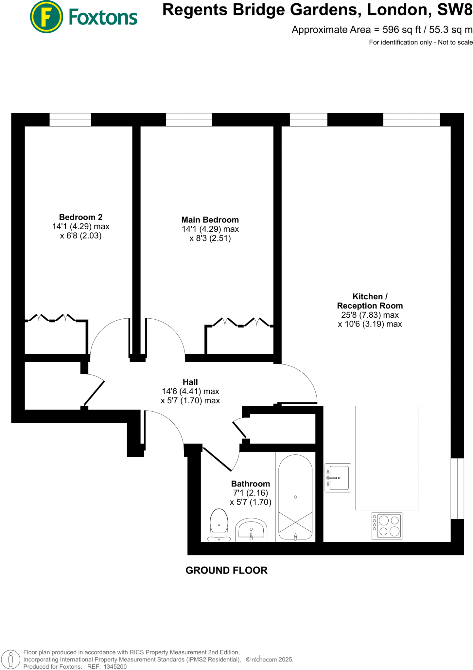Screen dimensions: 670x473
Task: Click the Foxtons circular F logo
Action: (x=46, y=17)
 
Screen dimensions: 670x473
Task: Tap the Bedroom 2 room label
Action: (x=80, y=217)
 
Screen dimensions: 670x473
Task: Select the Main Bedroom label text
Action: (x=210, y=220)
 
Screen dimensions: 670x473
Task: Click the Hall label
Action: (x=190, y=382)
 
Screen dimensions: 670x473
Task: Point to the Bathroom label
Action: (x=251, y=484)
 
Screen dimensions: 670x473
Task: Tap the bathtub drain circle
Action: (x=295, y=497)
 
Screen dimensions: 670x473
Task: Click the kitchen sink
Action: (x=338, y=478)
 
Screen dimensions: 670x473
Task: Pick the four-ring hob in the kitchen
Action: (x=387, y=526)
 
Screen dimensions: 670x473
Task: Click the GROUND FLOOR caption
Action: (x=226, y=571)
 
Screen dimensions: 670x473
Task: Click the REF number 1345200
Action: (x=115, y=667)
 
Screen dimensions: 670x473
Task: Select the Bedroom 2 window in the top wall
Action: (x=70, y=120)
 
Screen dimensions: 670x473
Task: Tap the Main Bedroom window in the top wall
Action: (x=189, y=120)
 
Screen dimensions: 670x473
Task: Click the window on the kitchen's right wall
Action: (x=457, y=488)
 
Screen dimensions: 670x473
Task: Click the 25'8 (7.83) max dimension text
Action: (x=370, y=315)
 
